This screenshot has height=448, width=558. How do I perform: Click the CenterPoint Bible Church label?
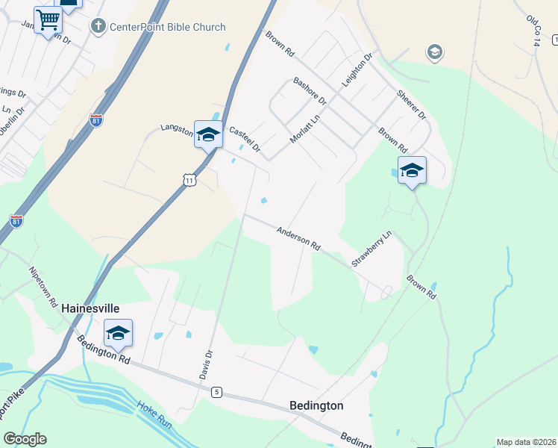167,28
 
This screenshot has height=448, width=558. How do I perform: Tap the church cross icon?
98,28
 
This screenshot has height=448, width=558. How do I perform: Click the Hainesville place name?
90,308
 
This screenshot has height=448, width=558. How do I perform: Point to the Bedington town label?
316,405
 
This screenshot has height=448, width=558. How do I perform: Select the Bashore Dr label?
310,90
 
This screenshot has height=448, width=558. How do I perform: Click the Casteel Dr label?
244,139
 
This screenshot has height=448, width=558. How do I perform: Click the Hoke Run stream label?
155,415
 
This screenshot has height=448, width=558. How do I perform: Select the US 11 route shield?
189,180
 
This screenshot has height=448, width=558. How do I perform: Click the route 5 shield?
216,392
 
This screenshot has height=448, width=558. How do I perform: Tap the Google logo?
25,439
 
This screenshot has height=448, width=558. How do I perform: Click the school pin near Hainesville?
118,333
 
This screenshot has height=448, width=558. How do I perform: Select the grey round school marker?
433,52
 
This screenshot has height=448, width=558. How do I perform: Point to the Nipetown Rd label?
43,287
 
